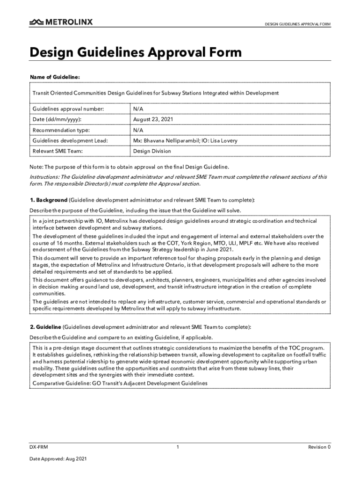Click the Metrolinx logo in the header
(x=61, y=22)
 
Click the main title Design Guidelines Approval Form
(x=136, y=52)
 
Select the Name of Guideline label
(x=55, y=77)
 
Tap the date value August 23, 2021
(x=153, y=120)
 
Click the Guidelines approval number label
(x=68, y=109)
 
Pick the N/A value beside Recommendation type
(x=138, y=130)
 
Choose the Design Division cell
(x=152, y=151)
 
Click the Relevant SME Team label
(x=58, y=151)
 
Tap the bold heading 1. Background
(x=48, y=201)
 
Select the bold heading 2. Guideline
(x=45, y=327)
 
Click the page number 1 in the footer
(x=178, y=447)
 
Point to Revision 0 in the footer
(x=319, y=447)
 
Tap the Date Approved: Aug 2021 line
(x=58, y=459)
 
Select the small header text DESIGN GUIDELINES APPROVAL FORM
(x=298, y=24)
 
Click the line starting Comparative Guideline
(x=119, y=384)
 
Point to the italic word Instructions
(x=44, y=177)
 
